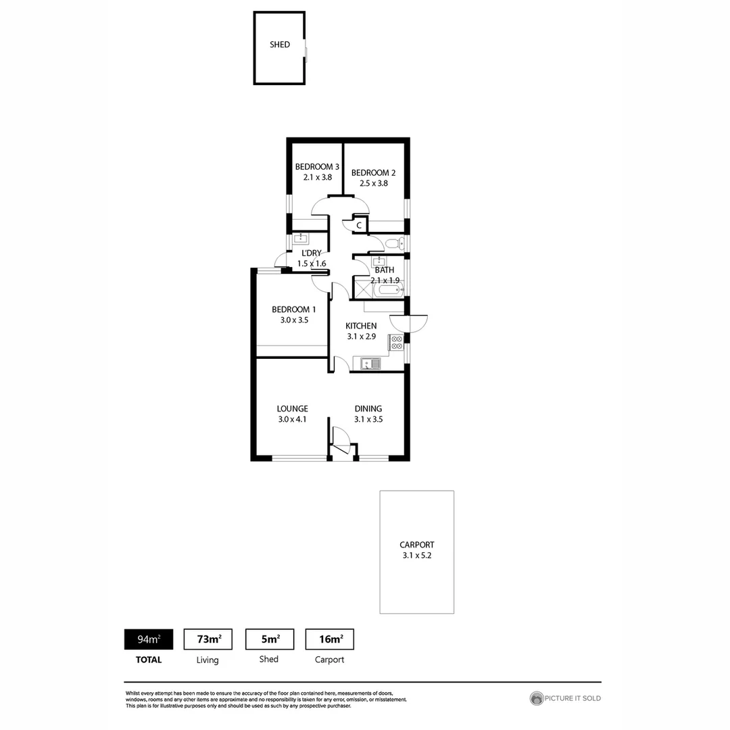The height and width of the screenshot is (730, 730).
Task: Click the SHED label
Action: point(280,45)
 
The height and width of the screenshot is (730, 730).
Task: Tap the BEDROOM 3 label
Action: point(317,167)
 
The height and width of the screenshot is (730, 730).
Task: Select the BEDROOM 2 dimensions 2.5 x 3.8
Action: point(374,183)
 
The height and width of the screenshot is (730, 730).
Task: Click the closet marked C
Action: point(359,224)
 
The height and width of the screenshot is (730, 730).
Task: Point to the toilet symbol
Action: point(395,243)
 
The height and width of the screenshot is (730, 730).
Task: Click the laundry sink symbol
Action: point(301,238)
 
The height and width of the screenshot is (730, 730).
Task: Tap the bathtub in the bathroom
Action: point(389,291)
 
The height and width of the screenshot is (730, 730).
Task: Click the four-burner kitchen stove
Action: point(396,342)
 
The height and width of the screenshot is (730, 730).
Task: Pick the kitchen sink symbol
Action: point(371,364)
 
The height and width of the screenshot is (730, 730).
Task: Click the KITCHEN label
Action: point(361,326)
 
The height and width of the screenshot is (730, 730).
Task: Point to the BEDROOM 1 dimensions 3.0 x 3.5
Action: point(294,320)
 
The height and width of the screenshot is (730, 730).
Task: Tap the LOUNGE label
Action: point(293,408)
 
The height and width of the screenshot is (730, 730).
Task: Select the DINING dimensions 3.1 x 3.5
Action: point(368,419)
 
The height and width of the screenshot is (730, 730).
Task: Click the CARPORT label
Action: point(417,544)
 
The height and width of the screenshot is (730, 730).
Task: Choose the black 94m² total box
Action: point(149,639)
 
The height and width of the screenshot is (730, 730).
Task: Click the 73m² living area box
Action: point(208,639)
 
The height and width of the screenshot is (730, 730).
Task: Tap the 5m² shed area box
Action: point(269,639)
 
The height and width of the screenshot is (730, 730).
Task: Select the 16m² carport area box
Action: point(330,639)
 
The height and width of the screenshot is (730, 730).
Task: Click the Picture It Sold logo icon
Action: point(537,698)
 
